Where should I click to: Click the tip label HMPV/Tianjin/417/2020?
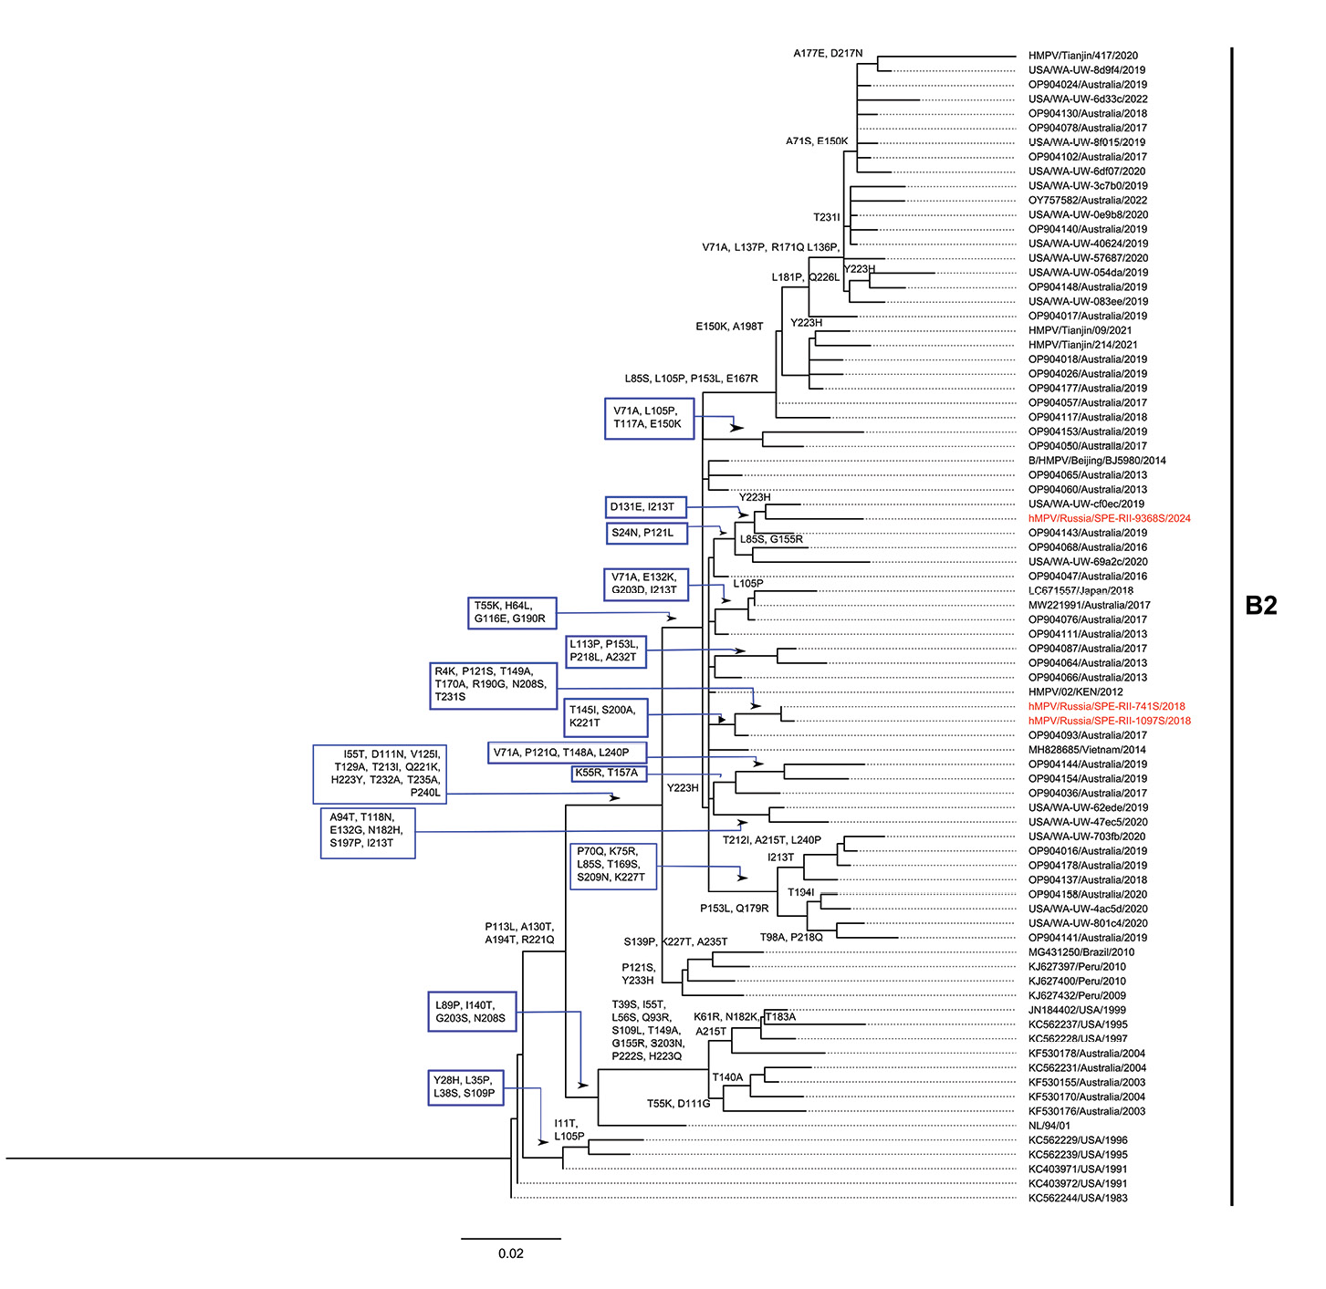(1082, 56)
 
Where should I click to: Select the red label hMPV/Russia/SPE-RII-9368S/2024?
(1109, 518)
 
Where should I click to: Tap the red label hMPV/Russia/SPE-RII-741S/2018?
(1106, 706)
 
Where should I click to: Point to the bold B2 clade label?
(1260, 606)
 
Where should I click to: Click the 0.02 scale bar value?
(511, 1253)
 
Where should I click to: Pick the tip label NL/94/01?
(1049, 1126)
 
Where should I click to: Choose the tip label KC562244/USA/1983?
(1078, 1198)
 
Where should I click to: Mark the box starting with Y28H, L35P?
(465, 1086)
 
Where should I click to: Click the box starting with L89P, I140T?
(470, 1012)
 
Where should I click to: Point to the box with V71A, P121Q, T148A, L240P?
(567, 753)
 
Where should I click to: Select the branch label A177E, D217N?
(827, 54)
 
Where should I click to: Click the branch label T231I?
(826, 217)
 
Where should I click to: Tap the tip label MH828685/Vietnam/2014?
(1087, 750)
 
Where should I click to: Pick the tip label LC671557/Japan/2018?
(1081, 590)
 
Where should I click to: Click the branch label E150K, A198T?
(729, 327)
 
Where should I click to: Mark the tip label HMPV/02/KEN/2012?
(1075, 691)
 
